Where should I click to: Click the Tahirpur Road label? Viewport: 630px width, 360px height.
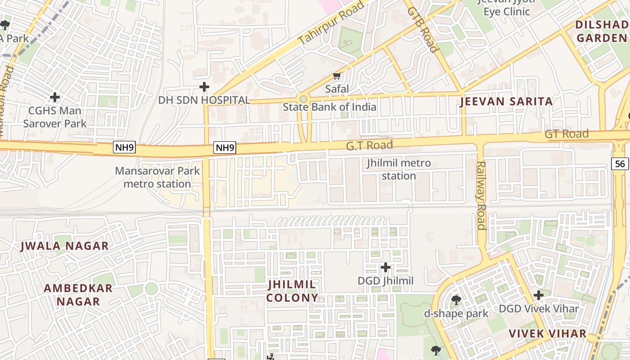point(331,23)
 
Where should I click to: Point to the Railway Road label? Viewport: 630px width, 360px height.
point(481,195)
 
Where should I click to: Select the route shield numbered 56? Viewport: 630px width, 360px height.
point(620,164)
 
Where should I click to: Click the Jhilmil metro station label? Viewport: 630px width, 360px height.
point(399,169)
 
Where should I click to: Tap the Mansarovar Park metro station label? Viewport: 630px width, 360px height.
point(157,177)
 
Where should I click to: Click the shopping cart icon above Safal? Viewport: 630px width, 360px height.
point(337,76)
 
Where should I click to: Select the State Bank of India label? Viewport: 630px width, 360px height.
point(329,107)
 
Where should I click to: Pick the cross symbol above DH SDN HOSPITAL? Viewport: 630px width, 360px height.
point(204,86)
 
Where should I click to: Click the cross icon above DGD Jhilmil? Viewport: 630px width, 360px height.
point(386,267)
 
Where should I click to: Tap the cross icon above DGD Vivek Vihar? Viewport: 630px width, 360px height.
point(539,295)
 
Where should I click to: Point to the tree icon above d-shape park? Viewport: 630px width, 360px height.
point(456,300)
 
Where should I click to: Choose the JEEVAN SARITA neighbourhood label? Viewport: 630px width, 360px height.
point(506,102)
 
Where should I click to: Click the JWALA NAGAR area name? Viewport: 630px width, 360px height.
point(65,246)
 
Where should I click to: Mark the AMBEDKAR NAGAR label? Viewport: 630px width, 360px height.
point(78,295)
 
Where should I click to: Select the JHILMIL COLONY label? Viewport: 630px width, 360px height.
point(292,291)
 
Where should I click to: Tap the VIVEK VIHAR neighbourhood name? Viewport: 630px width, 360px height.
point(548,333)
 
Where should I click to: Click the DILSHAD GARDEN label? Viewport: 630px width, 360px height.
point(602,31)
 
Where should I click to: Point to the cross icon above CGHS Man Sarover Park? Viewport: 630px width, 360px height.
point(55,97)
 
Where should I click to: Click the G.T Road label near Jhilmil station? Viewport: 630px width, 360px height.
point(369,145)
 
